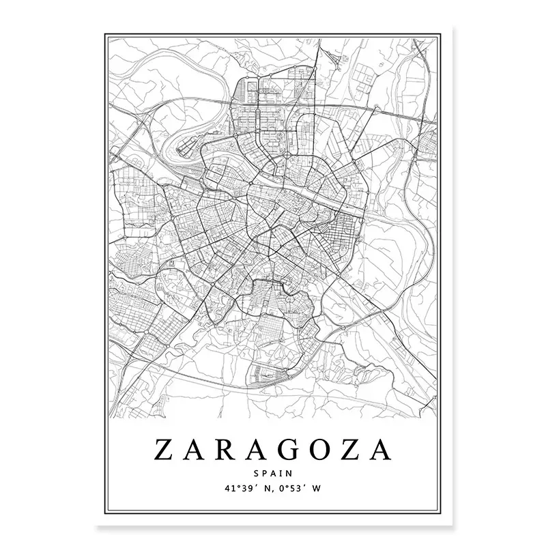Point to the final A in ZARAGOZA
click(385, 451)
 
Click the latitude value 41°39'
click(235, 487)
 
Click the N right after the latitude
click(260, 487)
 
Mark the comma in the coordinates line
click(265, 489)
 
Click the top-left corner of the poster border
click(107, 31)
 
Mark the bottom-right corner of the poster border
click(439, 514)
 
